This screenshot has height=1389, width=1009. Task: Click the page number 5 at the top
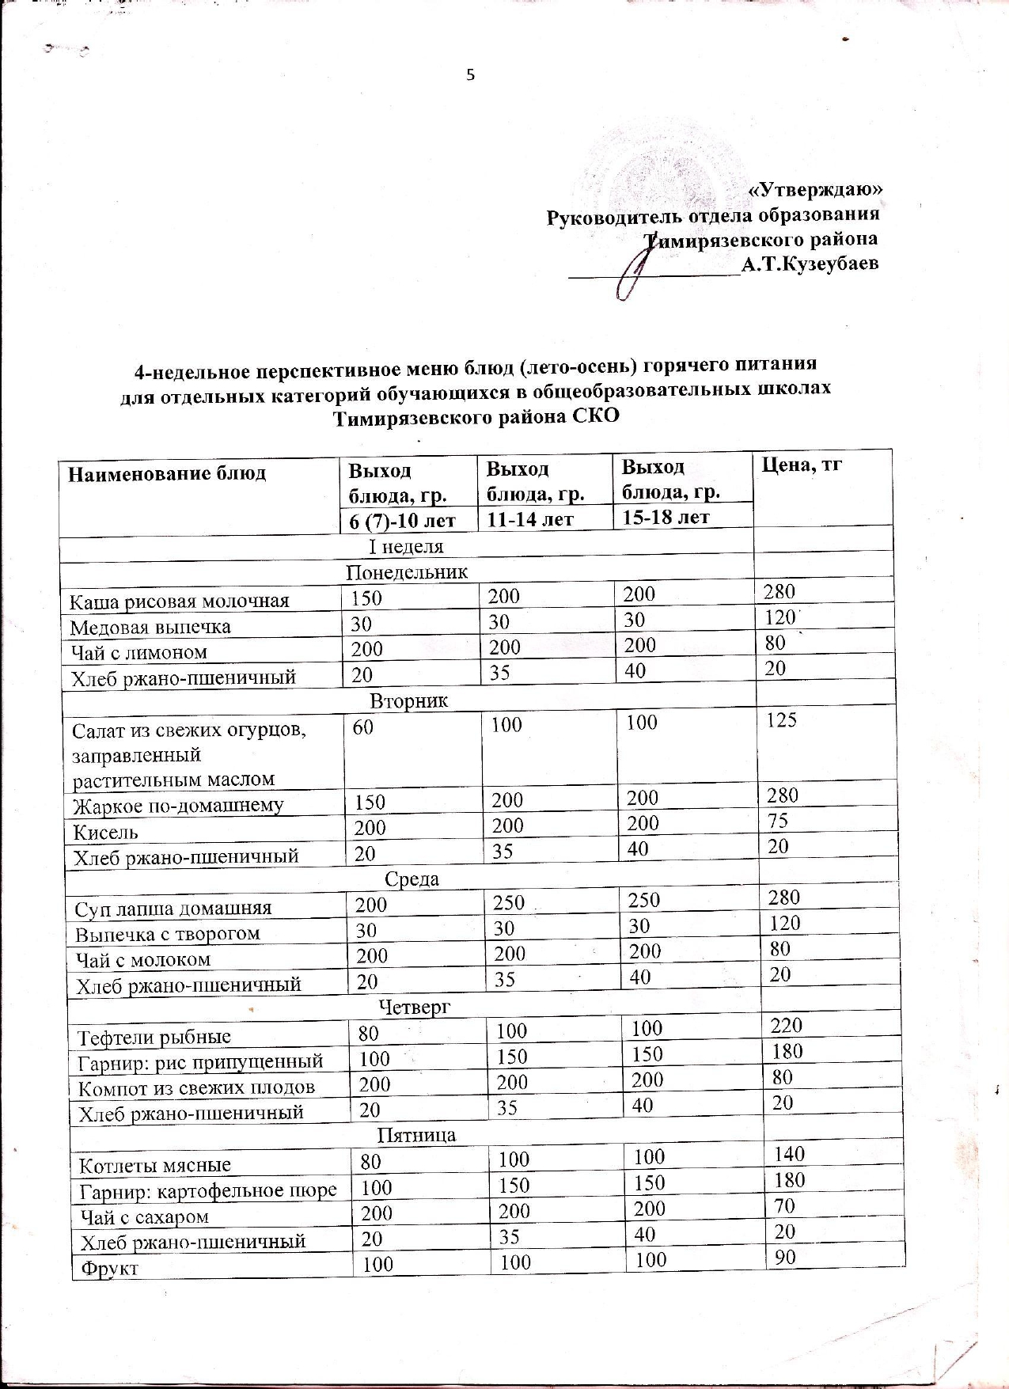(470, 76)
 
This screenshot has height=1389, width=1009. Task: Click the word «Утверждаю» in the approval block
(815, 190)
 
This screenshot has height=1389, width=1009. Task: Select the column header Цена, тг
(801, 465)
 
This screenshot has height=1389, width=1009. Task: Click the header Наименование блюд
(167, 473)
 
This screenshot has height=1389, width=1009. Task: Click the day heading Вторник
(409, 701)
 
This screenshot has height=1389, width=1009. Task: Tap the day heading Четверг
(414, 1007)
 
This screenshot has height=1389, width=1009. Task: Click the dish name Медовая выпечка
(150, 628)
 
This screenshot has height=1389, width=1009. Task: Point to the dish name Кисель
(105, 832)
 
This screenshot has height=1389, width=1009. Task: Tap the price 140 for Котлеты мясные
(789, 1154)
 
